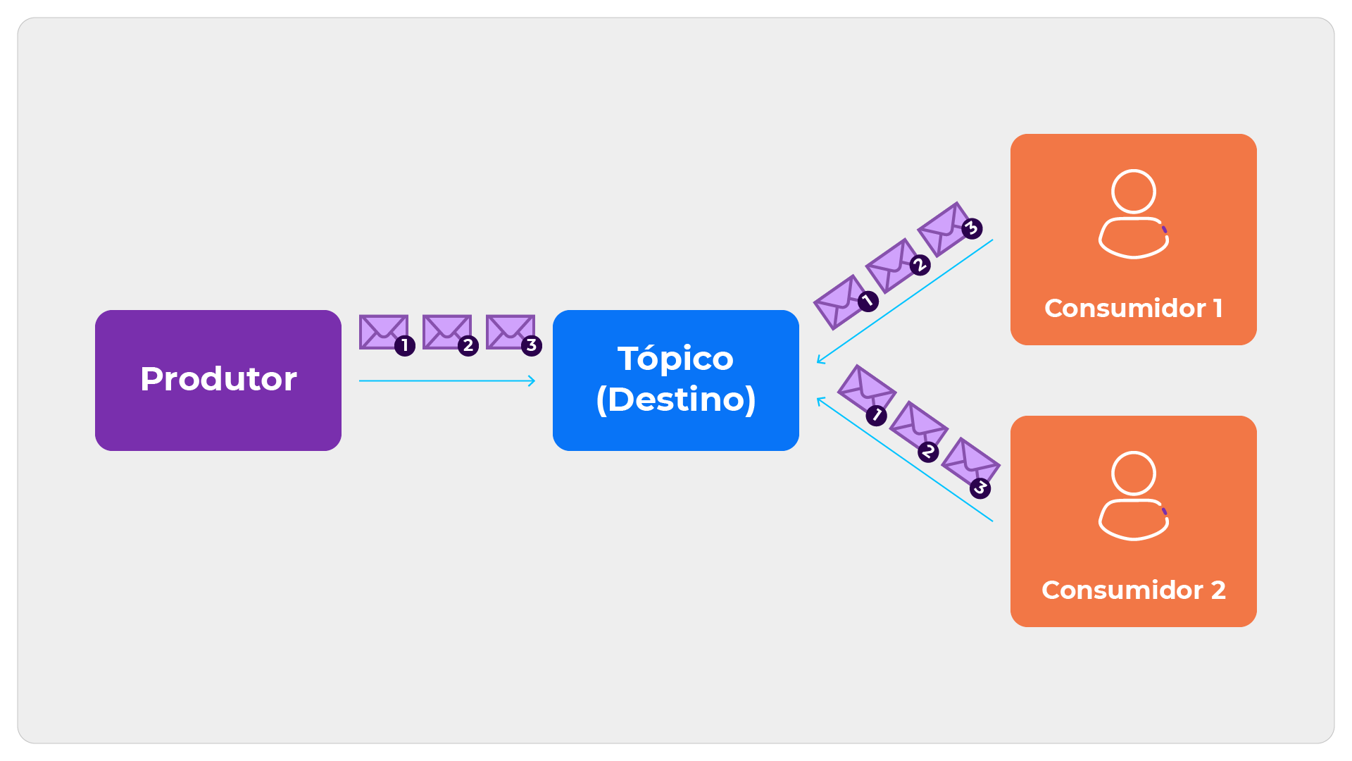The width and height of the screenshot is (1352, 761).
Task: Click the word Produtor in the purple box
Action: coord(218,379)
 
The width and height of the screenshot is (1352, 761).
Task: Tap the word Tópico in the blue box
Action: coord(675,359)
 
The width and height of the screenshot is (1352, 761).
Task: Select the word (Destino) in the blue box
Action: coord(675,400)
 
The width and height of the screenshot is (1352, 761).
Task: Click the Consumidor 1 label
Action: coord(1133,308)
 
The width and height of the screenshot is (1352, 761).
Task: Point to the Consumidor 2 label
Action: coord(1133,590)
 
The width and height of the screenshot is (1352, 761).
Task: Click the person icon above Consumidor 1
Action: coord(1134,214)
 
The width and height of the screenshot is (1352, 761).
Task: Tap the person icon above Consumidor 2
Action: coord(1134,495)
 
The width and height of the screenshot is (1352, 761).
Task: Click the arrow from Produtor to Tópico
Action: coord(447,381)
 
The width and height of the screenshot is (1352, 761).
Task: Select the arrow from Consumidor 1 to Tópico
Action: coord(905,301)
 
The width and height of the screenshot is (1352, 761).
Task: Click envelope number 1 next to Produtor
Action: coord(384,332)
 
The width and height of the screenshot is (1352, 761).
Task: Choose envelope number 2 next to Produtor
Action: coord(447,332)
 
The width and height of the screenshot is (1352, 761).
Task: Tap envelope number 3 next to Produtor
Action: coord(511,332)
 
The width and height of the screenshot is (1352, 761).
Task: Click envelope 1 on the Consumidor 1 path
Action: coord(841,302)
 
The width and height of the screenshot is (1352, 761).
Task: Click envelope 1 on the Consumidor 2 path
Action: coord(866,390)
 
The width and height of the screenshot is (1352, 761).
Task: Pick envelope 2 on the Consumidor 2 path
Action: coord(918,426)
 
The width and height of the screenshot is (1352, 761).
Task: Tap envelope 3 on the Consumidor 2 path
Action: coord(970,463)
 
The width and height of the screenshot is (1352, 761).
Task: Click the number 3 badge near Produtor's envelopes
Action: coord(532,346)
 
